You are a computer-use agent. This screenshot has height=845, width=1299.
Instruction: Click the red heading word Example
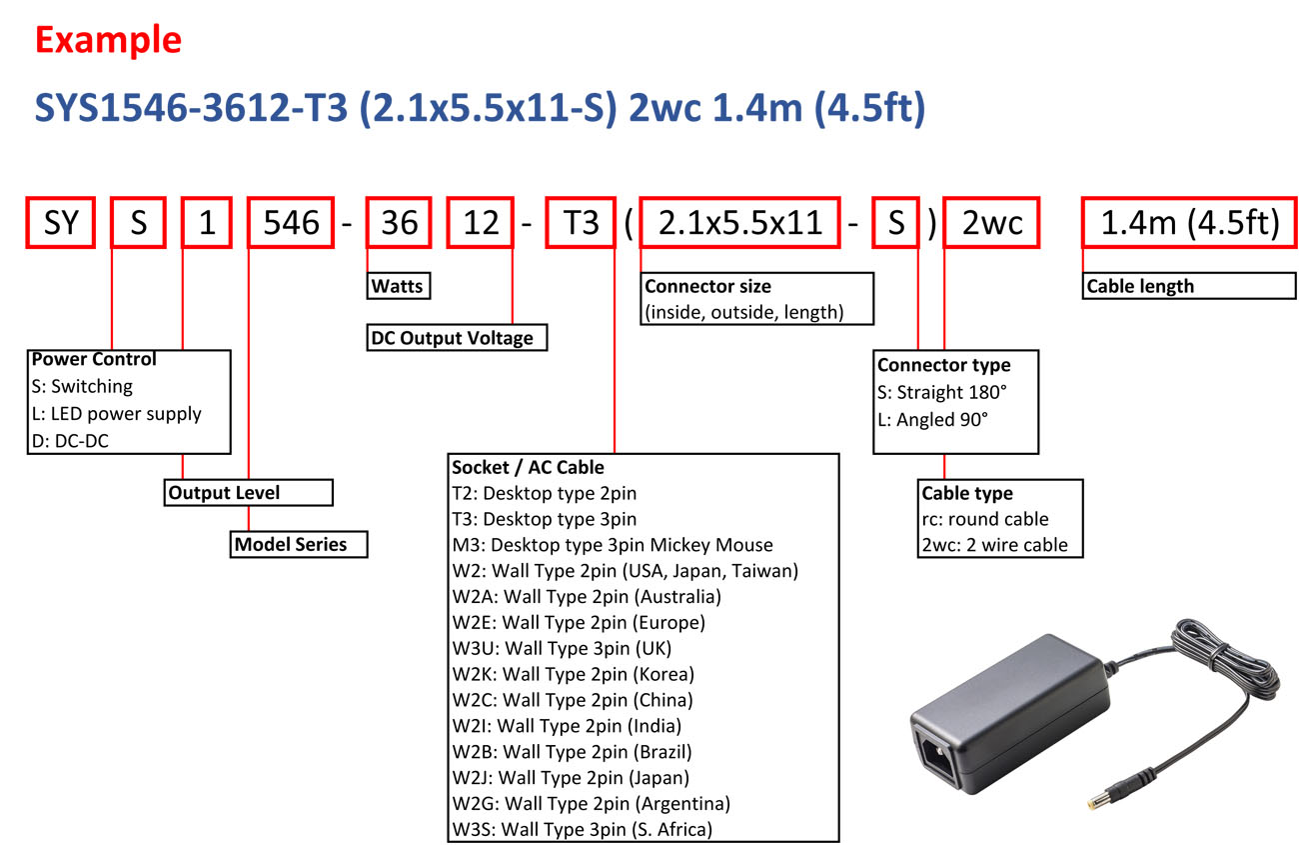click(x=108, y=39)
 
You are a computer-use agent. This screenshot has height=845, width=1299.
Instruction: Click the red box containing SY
click(x=61, y=222)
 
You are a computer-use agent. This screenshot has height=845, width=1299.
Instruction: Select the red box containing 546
click(x=291, y=222)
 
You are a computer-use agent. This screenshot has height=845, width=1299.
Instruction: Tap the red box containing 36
click(x=400, y=222)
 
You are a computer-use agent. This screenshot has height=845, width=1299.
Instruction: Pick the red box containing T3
click(x=580, y=222)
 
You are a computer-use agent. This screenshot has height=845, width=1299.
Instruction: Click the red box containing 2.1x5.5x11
click(x=739, y=222)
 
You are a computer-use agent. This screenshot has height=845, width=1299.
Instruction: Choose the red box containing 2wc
click(x=992, y=222)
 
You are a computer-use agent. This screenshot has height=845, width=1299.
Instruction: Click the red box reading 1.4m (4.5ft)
click(x=1189, y=222)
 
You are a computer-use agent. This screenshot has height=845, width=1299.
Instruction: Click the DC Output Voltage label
click(x=458, y=338)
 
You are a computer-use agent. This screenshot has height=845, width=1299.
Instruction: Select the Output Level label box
click(x=248, y=492)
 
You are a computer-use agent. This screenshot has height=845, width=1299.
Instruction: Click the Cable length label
click(x=1188, y=286)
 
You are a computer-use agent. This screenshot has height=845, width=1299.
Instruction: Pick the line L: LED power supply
click(x=117, y=413)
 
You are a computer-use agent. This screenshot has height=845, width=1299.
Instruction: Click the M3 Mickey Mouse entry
click(x=612, y=545)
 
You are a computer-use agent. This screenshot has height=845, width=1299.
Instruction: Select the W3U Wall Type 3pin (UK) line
click(x=562, y=648)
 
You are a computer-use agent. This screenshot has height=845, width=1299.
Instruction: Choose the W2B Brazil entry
click(x=572, y=751)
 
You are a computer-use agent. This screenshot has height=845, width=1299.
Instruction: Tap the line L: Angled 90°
click(x=932, y=420)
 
